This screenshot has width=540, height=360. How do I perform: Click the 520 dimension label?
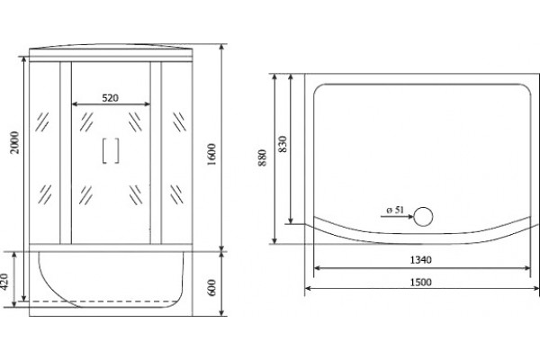tap(110, 98)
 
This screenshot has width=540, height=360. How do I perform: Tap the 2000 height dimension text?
tap(14, 142)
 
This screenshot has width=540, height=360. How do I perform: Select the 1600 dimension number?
tap(211, 154)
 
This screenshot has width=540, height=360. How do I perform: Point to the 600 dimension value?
tap(211, 287)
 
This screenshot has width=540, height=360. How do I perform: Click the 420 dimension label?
tap(4, 282)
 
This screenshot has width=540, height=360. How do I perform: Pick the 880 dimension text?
tap(263, 157)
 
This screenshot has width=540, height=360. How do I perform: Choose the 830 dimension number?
tap(283, 144)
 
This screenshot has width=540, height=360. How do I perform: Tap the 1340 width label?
tap(421, 260)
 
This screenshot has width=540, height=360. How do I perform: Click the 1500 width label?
tap(421, 282)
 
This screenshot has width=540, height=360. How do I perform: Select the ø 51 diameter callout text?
tap(395, 210)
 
